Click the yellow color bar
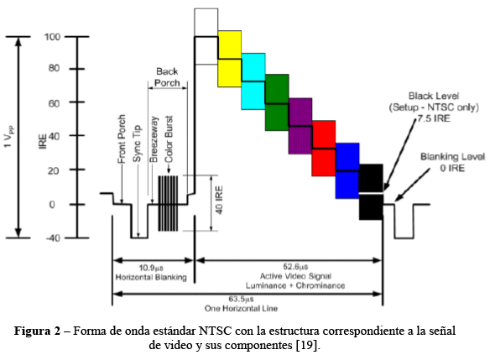pyautogui.click(x=230, y=59)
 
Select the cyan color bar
pyautogui.click(x=253, y=81)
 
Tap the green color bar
pyautogui.click(x=277, y=102)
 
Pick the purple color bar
pyautogui.click(x=300, y=126)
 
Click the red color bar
pyautogui.click(x=324, y=148)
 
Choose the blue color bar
pyautogui.click(x=347, y=171)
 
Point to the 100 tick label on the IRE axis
pyautogui.click(x=52, y=37)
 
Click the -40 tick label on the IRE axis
pyautogui.click(x=53, y=238)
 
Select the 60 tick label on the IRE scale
pyautogui.click(x=54, y=103)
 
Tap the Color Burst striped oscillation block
pyautogui.click(x=168, y=203)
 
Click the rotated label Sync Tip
pyautogui.click(x=137, y=143)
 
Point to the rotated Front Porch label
pyautogui.click(x=122, y=139)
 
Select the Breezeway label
pyautogui.click(x=154, y=139)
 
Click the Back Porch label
pyautogui.click(x=167, y=77)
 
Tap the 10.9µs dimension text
pyautogui.click(x=151, y=268)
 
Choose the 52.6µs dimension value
pyautogui.click(x=295, y=267)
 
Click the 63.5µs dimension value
pyautogui.click(x=241, y=299)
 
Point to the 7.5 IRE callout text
pyautogui.click(x=434, y=118)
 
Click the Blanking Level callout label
pyautogui.click(x=453, y=157)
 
